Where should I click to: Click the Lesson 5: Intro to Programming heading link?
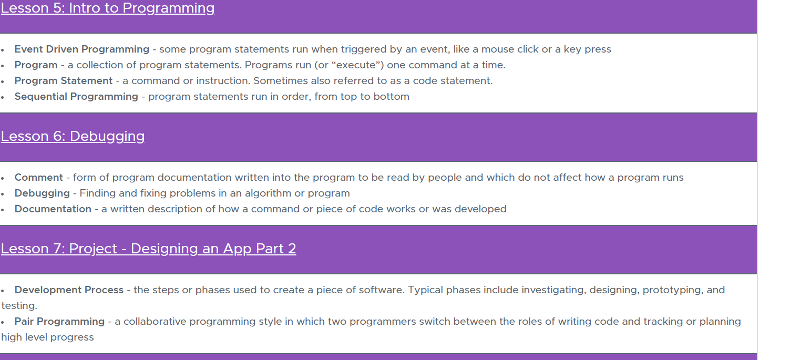tap(108, 8)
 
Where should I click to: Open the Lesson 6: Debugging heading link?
tap(73, 136)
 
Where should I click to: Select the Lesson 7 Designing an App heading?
tap(148, 249)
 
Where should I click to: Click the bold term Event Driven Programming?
tap(82, 49)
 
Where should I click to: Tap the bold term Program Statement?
tap(63, 81)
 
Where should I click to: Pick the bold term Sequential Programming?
tap(76, 97)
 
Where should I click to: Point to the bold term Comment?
tap(38, 177)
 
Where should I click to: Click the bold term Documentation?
tap(53, 209)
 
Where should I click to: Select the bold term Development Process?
tap(69, 290)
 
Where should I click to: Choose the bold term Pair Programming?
tap(59, 322)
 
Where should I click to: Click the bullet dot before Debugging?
tap(3, 194)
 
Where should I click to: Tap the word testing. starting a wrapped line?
tap(19, 306)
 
